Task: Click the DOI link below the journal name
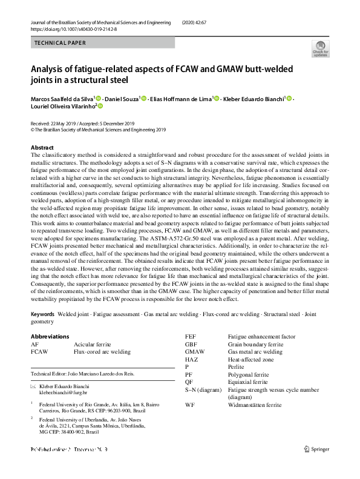pyautogui.click(x=73, y=28)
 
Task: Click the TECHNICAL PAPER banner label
pyautogui.click(x=61, y=43)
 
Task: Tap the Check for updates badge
pyautogui.click(x=320, y=50)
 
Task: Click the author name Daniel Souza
pyautogui.click(x=122, y=98)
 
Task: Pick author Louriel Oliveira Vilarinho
pyautogui.click(x=62, y=106)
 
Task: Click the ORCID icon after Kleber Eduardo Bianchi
pyautogui.click(x=289, y=98)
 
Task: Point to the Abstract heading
pyautogui.click(x=42, y=148)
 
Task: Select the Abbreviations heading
pyautogui.click(x=50, y=337)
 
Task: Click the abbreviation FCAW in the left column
pyautogui.click(x=39, y=351)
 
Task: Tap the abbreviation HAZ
pyautogui.click(x=191, y=359)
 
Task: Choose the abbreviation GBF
pyautogui.click(x=191, y=344)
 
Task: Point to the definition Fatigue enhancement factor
pyautogui.click(x=261, y=336)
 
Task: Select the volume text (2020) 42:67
pyautogui.click(x=199, y=22)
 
